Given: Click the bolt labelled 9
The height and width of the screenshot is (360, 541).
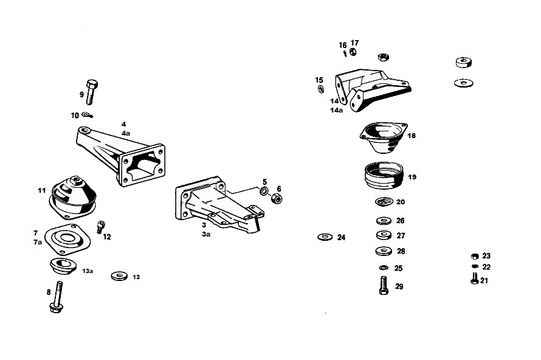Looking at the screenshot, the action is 91,92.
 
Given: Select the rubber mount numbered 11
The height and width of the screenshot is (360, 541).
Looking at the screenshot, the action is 73,198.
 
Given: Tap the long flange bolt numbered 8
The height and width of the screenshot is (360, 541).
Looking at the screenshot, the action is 57,297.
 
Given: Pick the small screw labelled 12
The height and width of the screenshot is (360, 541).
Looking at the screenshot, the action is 100,227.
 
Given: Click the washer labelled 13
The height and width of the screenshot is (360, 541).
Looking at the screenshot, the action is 119,276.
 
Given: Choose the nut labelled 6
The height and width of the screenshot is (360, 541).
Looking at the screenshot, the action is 277,198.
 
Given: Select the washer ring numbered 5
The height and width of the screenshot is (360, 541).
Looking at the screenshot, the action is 264,191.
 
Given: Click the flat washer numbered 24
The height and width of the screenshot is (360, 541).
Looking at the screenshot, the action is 325,237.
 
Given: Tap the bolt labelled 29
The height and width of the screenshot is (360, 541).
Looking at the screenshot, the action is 384,285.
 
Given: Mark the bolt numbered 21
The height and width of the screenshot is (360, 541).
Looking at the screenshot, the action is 474,278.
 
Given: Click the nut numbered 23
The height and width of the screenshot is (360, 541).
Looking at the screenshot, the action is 475,256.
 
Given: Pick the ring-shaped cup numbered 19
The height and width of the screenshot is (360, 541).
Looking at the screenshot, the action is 384,175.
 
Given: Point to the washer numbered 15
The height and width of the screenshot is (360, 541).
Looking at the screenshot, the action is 320,89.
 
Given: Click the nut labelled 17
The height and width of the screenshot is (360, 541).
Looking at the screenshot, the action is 353,52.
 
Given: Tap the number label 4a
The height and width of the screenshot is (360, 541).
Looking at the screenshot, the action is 126,133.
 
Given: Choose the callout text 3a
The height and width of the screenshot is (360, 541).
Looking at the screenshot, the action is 206,234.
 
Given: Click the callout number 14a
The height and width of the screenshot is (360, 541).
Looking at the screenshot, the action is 336,111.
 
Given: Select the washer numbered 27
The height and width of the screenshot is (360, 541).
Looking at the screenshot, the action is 384,235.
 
